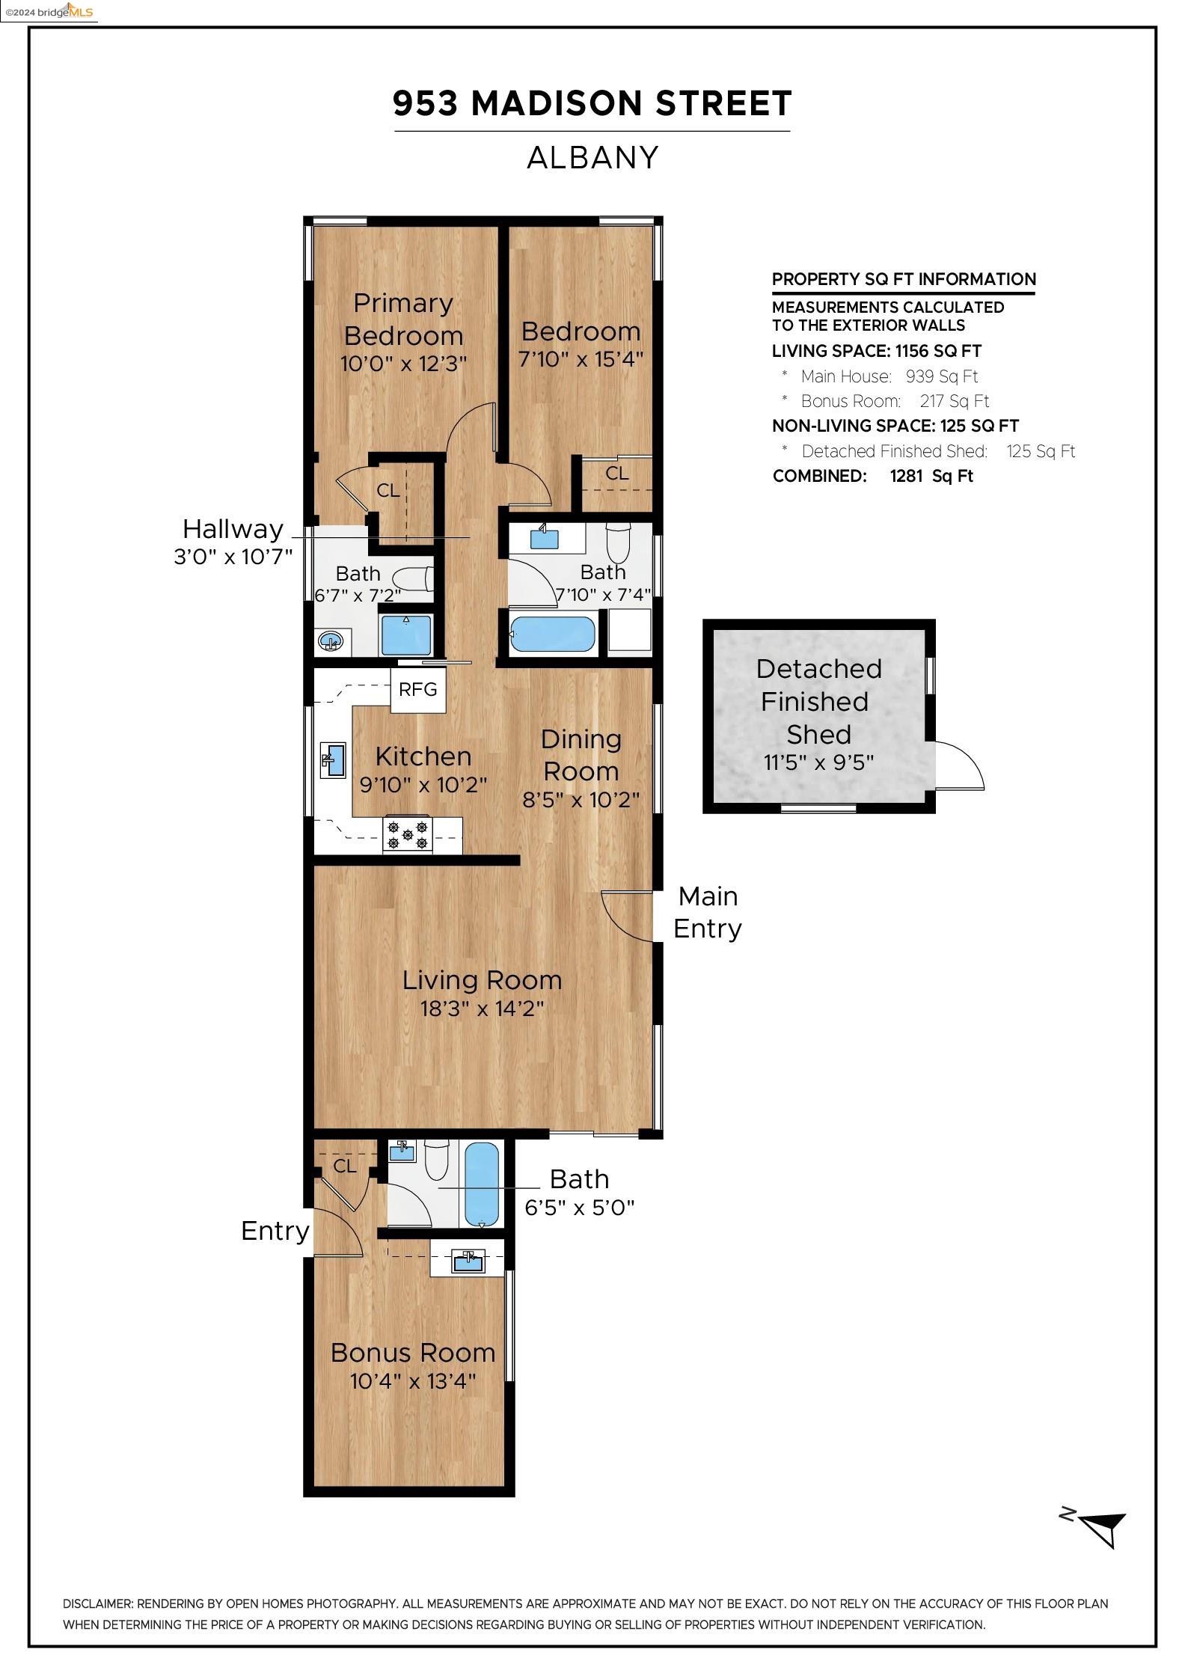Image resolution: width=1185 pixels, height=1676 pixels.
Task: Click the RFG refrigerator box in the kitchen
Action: [418, 689]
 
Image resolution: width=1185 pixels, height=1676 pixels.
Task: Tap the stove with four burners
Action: [408, 834]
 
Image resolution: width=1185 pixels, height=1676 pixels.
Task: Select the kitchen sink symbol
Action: [333, 759]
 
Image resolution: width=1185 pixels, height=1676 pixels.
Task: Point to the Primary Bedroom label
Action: [403, 319]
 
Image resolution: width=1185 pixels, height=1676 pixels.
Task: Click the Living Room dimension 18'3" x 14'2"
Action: [482, 1009]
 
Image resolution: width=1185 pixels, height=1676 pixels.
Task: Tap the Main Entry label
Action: [708, 912]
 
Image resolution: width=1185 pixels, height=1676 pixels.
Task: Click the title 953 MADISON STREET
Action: [592, 103]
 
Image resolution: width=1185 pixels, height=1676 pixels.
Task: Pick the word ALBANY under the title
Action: [592, 158]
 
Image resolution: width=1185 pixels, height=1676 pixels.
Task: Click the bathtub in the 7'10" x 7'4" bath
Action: [553, 633]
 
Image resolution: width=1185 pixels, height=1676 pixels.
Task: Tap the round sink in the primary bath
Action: [331, 641]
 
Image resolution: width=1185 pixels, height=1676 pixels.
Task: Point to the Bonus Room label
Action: [413, 1353]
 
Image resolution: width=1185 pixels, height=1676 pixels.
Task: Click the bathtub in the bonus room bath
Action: [482, 1185]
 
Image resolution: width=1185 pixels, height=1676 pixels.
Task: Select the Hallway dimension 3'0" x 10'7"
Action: [233, 557]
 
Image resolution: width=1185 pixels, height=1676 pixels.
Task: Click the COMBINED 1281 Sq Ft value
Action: [931, 476]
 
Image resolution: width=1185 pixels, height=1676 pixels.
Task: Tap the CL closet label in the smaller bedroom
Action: [617, 473]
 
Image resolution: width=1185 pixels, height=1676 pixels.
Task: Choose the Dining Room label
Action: [581, 755]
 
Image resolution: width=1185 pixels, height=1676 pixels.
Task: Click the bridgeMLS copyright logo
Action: [49, 11]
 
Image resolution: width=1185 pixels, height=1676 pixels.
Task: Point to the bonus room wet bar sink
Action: [468, 1261]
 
